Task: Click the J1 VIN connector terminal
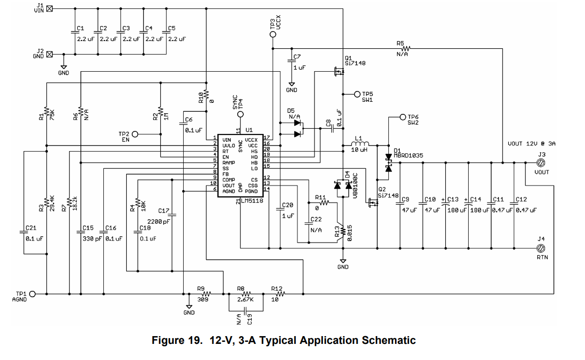50,8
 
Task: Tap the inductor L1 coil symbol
360,144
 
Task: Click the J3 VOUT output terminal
540,162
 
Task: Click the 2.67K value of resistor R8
244,300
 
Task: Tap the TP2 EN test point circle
135,134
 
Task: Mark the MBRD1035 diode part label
409,155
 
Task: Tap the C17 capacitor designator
164,210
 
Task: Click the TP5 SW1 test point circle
357,94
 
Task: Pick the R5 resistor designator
400,43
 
